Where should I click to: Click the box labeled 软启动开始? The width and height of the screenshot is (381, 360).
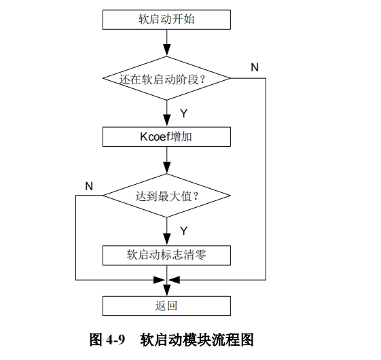pyautogui.click(x=166, y=20)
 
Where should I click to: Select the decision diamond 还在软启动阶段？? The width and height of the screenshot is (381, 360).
pyautogui.click(x=166, y=78)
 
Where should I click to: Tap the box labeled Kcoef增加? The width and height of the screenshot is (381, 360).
pyautogui.click(x=166, y=137)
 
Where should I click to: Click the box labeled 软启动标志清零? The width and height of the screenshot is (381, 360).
pyautogui.click(x=166, y=255)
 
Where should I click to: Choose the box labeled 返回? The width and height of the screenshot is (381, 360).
pyautogui.click(x=166, y=306)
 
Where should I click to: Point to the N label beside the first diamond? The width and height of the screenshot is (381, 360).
pyautogui.click(x=254, y=67)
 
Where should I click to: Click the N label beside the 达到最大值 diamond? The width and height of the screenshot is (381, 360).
pyautogui.click(x=89, y=185)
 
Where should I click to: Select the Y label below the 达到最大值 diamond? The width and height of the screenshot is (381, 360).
pyautogui.click(x=183, y=231)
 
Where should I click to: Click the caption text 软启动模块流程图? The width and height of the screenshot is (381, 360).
pyautogui.click(x=197, y=339)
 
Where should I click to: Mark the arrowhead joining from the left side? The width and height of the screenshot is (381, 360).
pyautogui.click(x=160, y=279)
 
